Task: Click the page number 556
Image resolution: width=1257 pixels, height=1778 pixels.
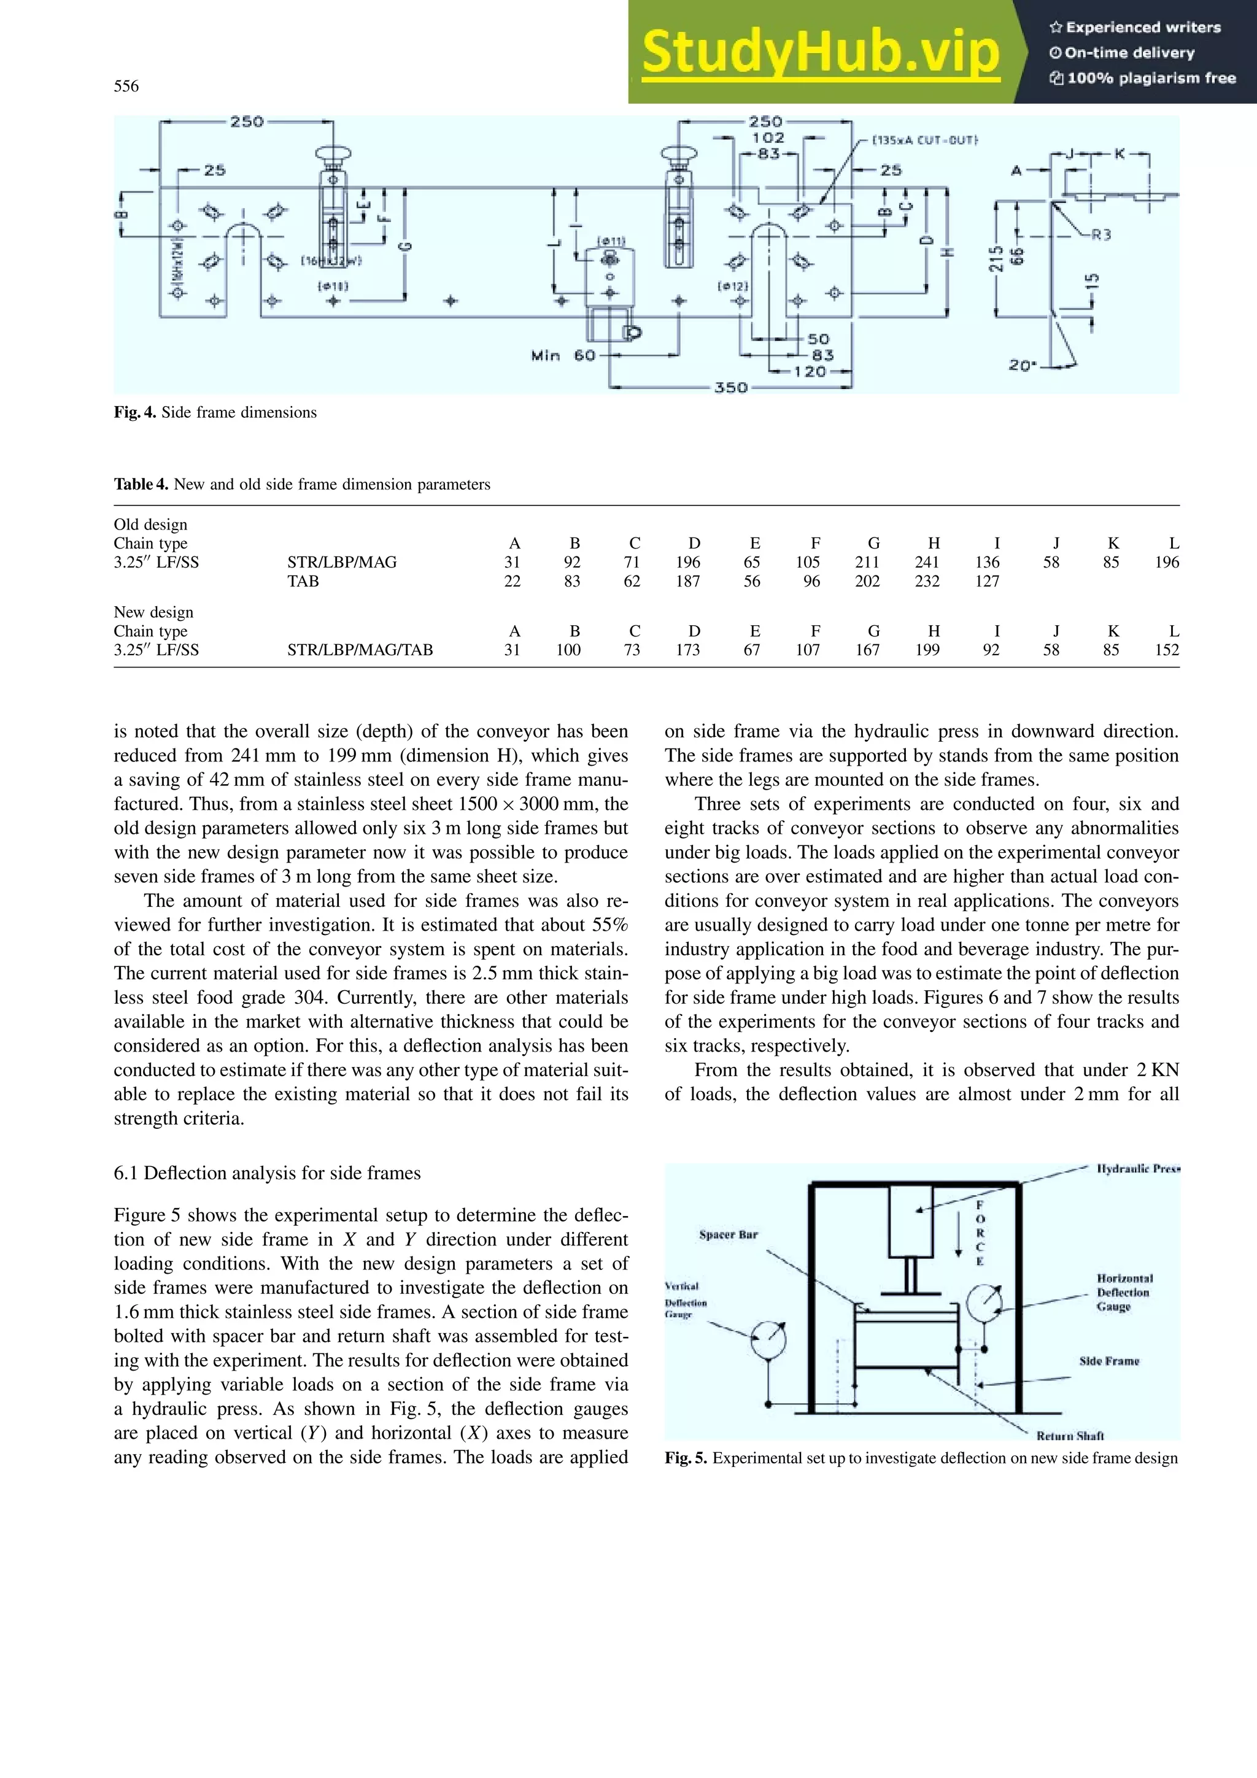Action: point(126,86)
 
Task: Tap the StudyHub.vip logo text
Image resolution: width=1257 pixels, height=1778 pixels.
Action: point(820,53)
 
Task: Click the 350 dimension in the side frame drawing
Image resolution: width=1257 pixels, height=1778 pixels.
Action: point(731,387)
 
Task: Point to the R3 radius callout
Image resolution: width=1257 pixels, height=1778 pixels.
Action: point(1101,234)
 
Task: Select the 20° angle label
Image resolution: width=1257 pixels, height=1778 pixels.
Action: point(1023,364)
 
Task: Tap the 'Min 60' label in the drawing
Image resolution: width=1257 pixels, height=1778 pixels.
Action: point(563,355)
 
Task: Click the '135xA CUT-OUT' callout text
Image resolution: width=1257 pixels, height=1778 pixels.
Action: point(925,140)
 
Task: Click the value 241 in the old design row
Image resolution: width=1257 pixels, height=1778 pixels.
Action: point(926,562)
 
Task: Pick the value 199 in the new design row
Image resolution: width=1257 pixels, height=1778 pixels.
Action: point(926,650)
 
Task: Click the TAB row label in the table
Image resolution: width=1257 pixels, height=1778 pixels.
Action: point(303,581)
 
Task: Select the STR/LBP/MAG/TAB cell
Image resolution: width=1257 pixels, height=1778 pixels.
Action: point(360,650)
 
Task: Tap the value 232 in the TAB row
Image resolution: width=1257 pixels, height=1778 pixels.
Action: point(926,581)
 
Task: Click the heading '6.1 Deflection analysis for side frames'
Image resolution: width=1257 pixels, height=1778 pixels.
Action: point(267,1173)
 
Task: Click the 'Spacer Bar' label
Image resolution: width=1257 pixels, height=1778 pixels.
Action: point(728,1234)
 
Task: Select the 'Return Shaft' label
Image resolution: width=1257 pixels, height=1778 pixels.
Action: point(1070,1435)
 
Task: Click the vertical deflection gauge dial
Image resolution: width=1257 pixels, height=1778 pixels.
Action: point(768,1337)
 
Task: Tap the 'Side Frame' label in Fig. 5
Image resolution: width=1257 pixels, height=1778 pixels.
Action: point(1109,1361)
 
